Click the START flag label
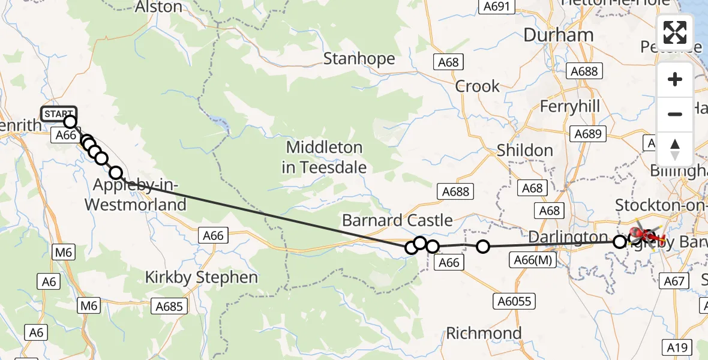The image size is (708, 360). click(x=59, y=113)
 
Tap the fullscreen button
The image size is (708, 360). click(x=675, y=32)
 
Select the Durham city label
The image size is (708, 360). click(x=558, y=35)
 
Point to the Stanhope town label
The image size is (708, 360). click(x=359, y=59)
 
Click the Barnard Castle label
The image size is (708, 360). click(x=397, y=220)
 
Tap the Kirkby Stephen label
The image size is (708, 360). click(x=202, y=277)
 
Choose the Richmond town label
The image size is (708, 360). click(x=485, y=332)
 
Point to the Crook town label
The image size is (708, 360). click(x=477, y=86)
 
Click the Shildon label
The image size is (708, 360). click(x=525, y=150)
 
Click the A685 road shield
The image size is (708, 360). click(x=169, y=307)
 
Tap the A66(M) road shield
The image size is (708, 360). click(x=532, y=260)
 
